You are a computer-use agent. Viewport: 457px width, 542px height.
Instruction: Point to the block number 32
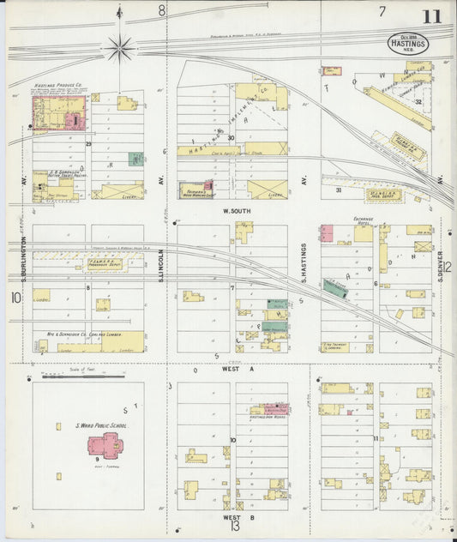[418, 102]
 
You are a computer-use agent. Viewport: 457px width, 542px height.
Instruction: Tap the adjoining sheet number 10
[15, 298]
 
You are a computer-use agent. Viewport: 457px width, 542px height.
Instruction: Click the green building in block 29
[135, 159]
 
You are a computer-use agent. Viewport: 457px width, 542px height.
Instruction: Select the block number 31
[339, 190]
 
